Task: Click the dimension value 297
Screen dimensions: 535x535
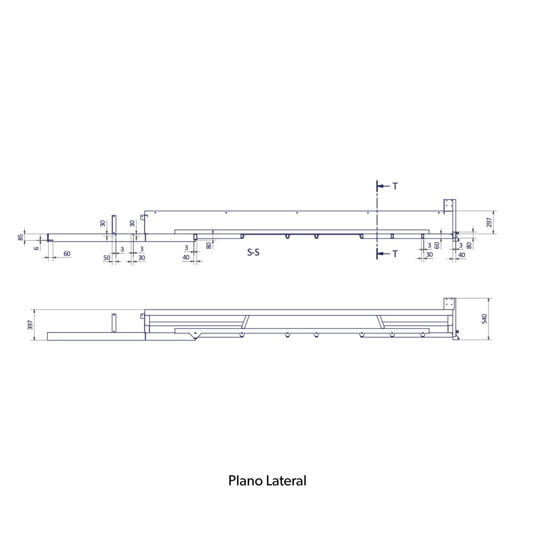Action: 489,222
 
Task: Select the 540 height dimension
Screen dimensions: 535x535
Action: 484,319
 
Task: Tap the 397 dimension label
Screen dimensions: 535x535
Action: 30,325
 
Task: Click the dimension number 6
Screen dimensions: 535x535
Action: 37,248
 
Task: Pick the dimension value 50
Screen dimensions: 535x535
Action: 107,258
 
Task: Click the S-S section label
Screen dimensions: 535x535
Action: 253,252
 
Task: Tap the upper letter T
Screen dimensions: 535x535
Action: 395,186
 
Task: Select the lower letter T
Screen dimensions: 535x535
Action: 395,254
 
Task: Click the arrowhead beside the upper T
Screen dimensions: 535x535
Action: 380,186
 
